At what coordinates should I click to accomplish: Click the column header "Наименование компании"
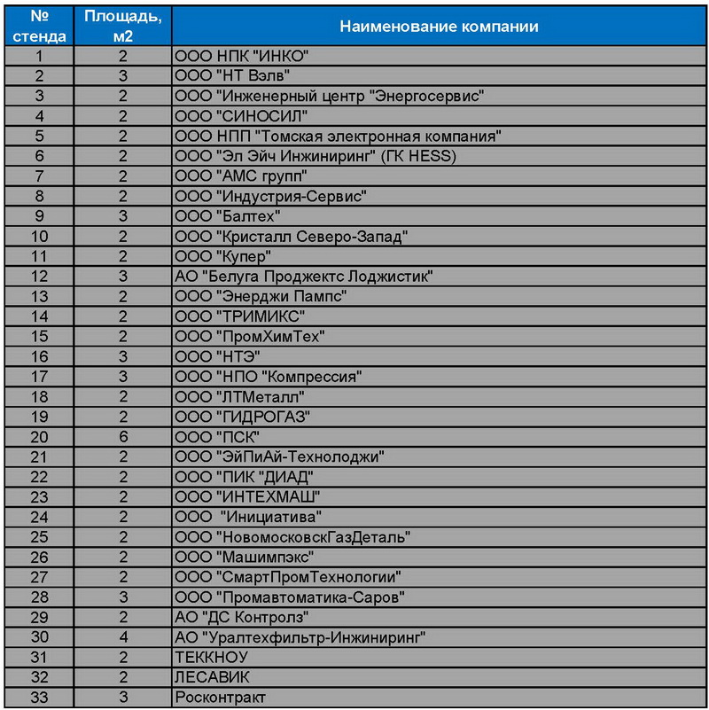point(439,26)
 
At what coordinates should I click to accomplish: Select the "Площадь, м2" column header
point(123,26)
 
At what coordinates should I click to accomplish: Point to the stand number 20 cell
point(39,437)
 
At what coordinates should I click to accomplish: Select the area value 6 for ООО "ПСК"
point(123,437)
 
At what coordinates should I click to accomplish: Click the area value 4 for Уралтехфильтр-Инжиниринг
point(123,637)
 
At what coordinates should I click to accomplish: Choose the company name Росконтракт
point(220,698)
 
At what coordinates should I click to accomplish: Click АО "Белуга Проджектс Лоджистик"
point(304,277)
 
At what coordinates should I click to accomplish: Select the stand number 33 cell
point(39,698)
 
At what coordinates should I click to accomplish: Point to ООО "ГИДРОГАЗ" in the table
point(242,417)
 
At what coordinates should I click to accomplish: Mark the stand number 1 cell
point(39,56)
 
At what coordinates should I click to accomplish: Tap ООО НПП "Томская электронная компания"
point(339,137)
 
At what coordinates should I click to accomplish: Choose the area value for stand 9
point(123,216)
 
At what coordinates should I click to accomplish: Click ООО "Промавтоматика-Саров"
point(290,597)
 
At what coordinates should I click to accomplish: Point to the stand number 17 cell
point(39,377)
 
